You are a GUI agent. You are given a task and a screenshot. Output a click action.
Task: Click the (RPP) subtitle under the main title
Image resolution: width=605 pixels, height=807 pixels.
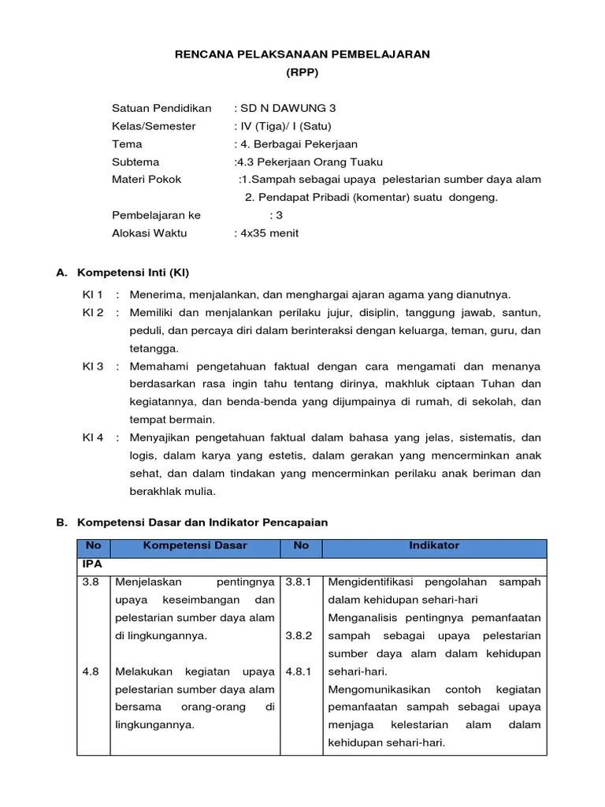(x=302, y=73)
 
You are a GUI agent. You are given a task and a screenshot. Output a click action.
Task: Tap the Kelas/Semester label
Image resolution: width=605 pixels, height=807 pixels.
(x=154, y=126)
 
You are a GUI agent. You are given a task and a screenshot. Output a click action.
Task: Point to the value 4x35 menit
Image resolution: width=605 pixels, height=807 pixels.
(x=266, y=232)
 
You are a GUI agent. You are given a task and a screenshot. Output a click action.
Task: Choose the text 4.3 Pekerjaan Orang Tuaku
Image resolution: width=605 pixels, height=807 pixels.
(x=309, y=162)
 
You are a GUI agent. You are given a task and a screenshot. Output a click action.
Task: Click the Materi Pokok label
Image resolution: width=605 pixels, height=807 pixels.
(x=147, y=179)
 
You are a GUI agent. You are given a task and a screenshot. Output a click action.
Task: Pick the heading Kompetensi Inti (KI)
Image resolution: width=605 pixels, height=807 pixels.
(x=133, y=273)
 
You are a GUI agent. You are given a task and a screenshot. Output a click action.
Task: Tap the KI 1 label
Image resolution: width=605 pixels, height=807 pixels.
(x=93, y=295)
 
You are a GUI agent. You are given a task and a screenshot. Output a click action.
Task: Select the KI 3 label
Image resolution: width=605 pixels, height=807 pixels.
(x=93, y=366)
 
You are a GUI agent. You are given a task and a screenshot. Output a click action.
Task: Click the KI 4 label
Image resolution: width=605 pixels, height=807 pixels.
(x=93, y=437)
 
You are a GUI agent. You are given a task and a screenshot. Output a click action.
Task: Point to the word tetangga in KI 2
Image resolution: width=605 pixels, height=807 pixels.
(x=154, y=348)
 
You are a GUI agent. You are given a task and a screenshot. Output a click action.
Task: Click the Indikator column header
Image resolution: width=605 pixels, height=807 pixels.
(x=434, y=545)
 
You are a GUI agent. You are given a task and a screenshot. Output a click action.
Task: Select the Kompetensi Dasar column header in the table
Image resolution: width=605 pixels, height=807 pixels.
(x=195, y=545)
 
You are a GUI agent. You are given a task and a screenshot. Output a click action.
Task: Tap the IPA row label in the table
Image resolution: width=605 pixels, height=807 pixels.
(x=92, y=564)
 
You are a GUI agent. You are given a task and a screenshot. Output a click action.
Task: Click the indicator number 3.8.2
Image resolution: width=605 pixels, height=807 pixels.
(x=299, y=635)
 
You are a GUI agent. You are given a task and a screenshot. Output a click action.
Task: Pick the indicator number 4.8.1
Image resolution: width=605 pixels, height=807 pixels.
(x=299, y=671)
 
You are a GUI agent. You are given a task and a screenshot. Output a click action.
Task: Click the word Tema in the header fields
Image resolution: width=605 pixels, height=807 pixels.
(x=127, y=143)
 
